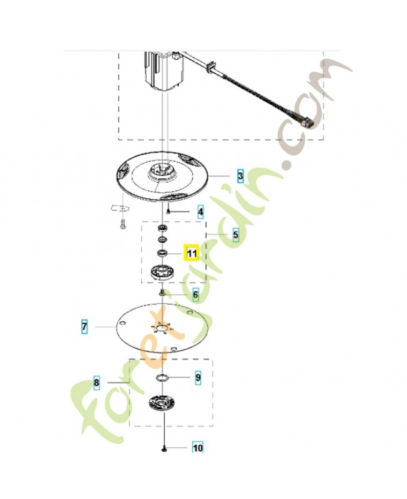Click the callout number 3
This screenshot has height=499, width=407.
pos(240,177)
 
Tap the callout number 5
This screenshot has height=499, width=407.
pos(235,235)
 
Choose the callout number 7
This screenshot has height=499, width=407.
pos(84,326)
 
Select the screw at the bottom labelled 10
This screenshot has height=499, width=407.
pos(163,448)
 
